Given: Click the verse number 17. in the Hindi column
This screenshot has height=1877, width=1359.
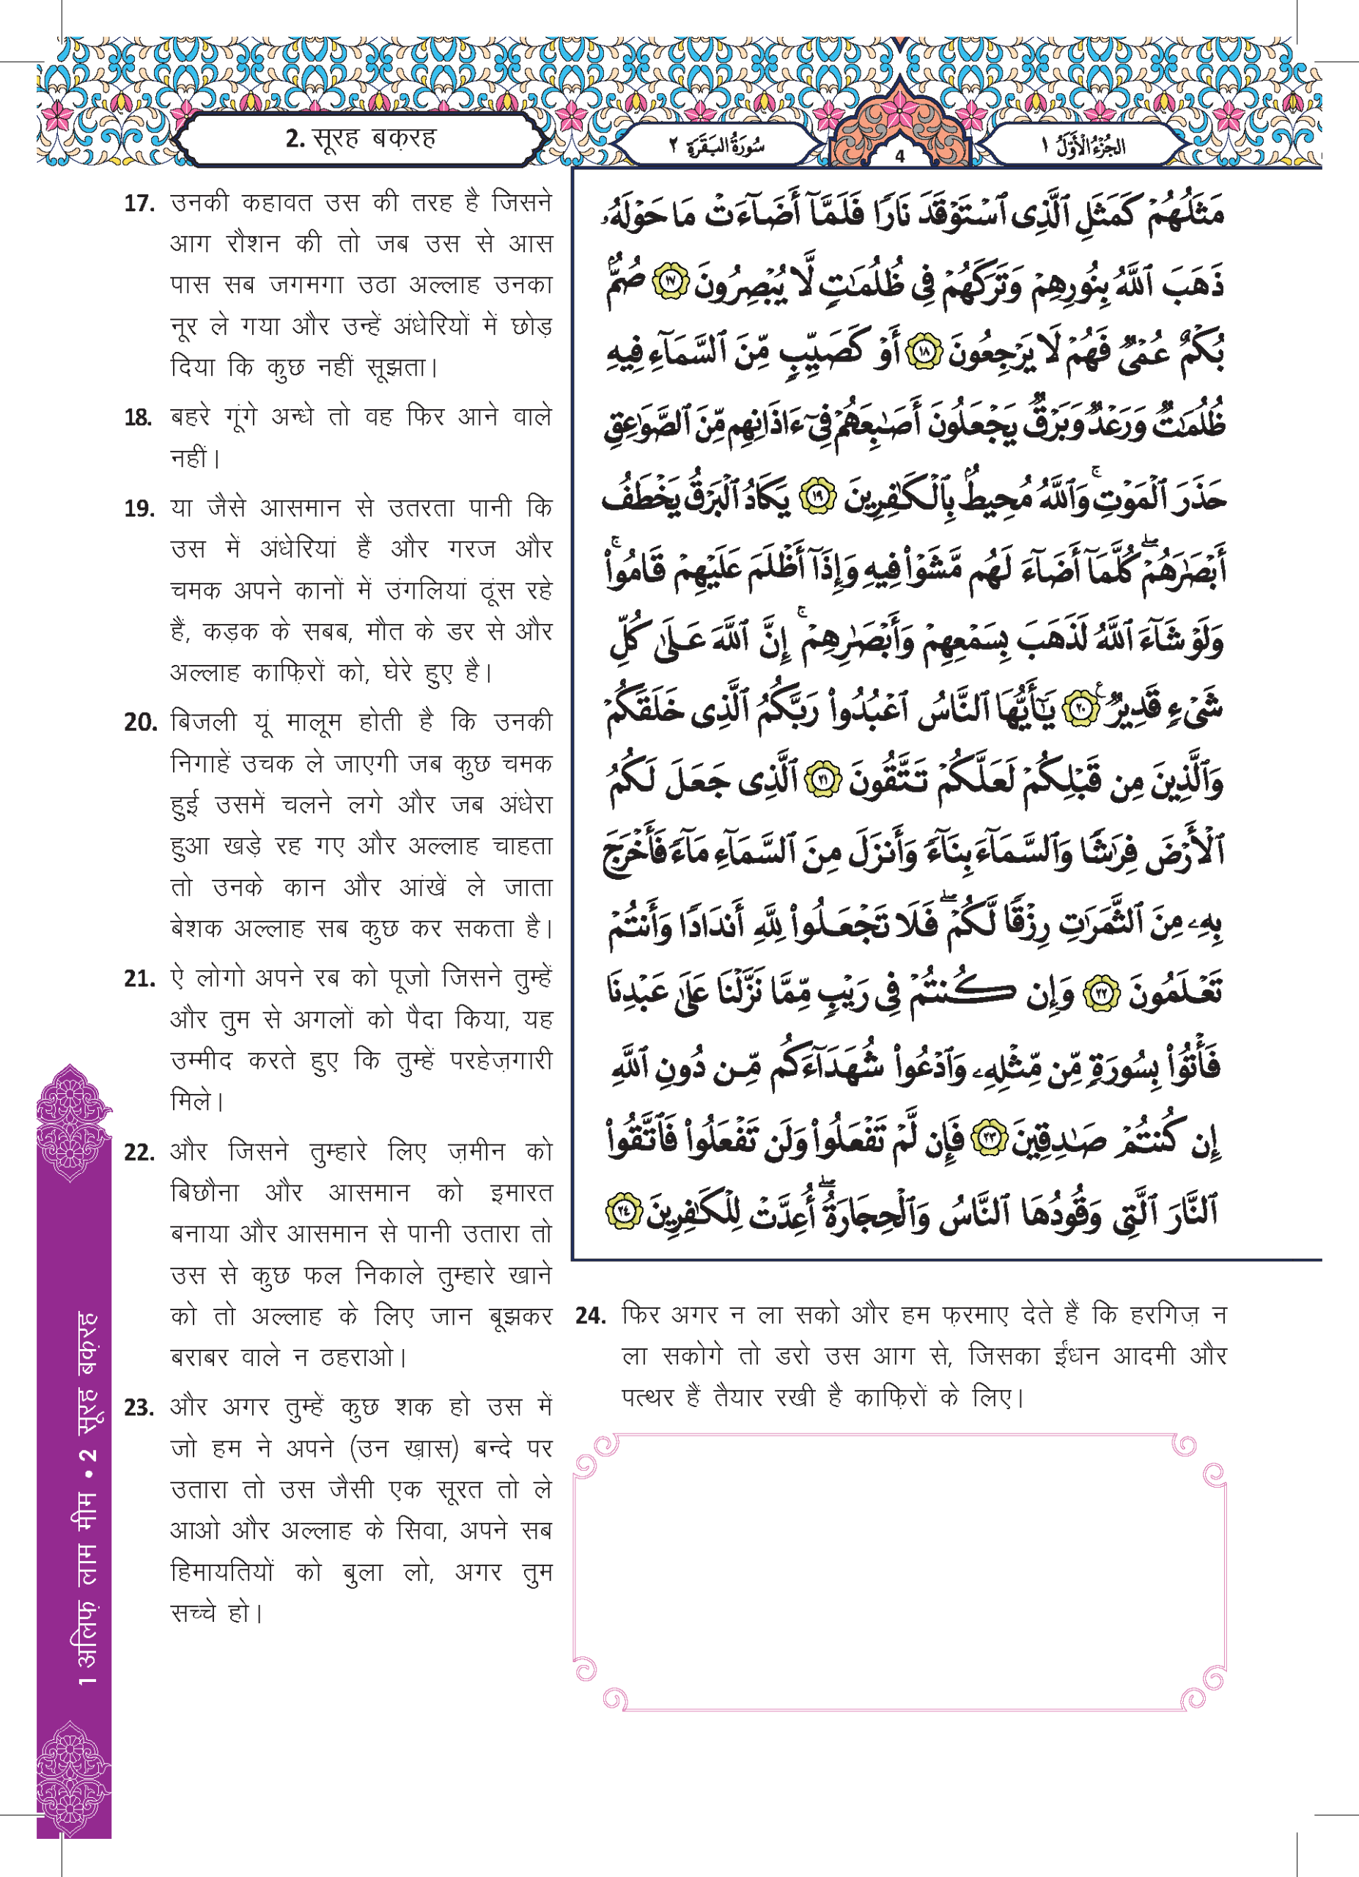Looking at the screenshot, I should tap(139, 204).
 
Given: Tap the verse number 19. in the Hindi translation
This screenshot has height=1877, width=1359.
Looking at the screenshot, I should tap(139, 509).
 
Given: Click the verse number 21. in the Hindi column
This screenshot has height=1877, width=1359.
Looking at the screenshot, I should tap(140, 980).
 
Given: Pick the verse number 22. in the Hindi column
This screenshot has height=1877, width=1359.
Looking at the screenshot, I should tap(140, 1153).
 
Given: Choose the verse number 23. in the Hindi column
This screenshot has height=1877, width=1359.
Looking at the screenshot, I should tap(140, 1408).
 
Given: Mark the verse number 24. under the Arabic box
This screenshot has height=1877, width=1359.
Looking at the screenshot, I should tap(591, 1317).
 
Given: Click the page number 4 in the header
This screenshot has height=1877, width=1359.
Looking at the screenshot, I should tap(899, 155).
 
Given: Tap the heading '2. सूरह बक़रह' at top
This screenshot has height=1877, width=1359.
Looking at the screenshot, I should tap(361, 139).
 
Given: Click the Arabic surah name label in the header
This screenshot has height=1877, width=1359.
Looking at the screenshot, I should tap(716, 147).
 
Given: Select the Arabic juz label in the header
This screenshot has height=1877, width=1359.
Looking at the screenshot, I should tap(1084, 147).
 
